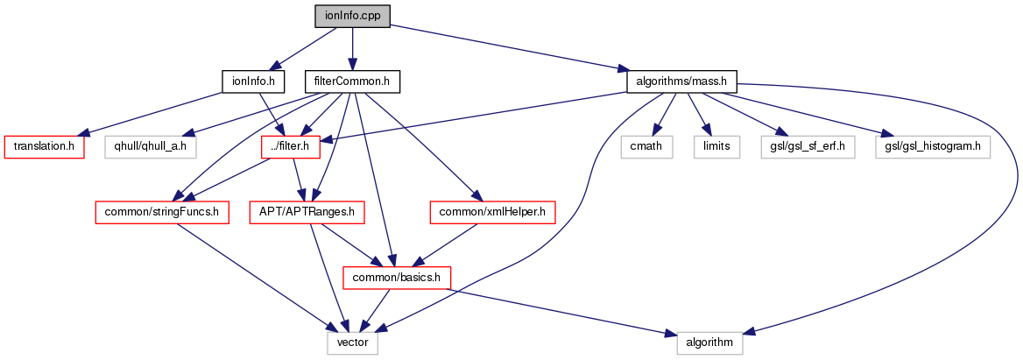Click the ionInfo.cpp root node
click(352, 16)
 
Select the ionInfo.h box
click(254, 82)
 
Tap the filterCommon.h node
click(352, 82)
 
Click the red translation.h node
click(45, 146)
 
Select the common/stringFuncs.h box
click(162, 212)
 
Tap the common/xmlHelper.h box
click(493, 212)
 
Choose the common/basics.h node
click(399, 279)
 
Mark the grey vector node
click(353, 343)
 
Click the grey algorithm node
click(709, 343)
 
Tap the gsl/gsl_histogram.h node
click(932, 146)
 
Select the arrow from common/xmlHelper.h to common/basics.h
click(447, 245)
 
